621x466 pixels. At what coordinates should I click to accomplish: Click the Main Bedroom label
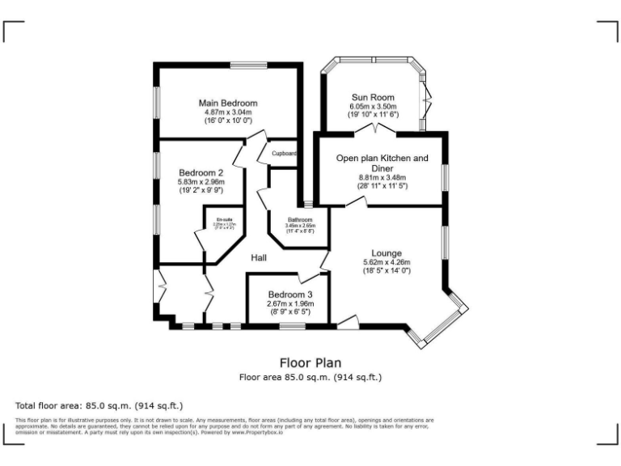click(x=228, y=103)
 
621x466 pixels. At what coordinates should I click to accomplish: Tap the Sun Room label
click(x=373, y=97)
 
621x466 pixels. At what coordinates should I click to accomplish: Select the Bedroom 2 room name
click(x=201, y=172)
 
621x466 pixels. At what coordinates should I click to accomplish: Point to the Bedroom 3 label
click(x=289, y=294)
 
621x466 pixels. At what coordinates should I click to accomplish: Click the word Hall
click(x=259, y=257)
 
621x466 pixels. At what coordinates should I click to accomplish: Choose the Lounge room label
click(x=387, y=253)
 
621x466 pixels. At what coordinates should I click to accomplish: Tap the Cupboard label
click(x=284, y=153)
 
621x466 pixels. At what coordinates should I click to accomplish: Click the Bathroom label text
click(x=300, y=219)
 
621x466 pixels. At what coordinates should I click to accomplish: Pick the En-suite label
click(x=224, y=219)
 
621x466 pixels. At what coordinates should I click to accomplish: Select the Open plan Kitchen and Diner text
click(x=382, y=159)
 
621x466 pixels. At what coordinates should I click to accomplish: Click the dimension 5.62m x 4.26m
click(x=387, y=262)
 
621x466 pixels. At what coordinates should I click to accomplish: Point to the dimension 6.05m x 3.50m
click(x=373, y=106)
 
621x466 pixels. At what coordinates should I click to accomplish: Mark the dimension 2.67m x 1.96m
click(x=289, y=303)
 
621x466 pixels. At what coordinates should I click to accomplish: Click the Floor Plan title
click(x=310, y=363)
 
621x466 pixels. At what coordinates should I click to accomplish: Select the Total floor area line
click(x=100, y=405)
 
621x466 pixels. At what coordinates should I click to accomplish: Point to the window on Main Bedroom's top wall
click(x=243, y=65)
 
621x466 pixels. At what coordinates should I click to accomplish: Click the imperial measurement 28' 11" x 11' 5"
click(x=382, y=186)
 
